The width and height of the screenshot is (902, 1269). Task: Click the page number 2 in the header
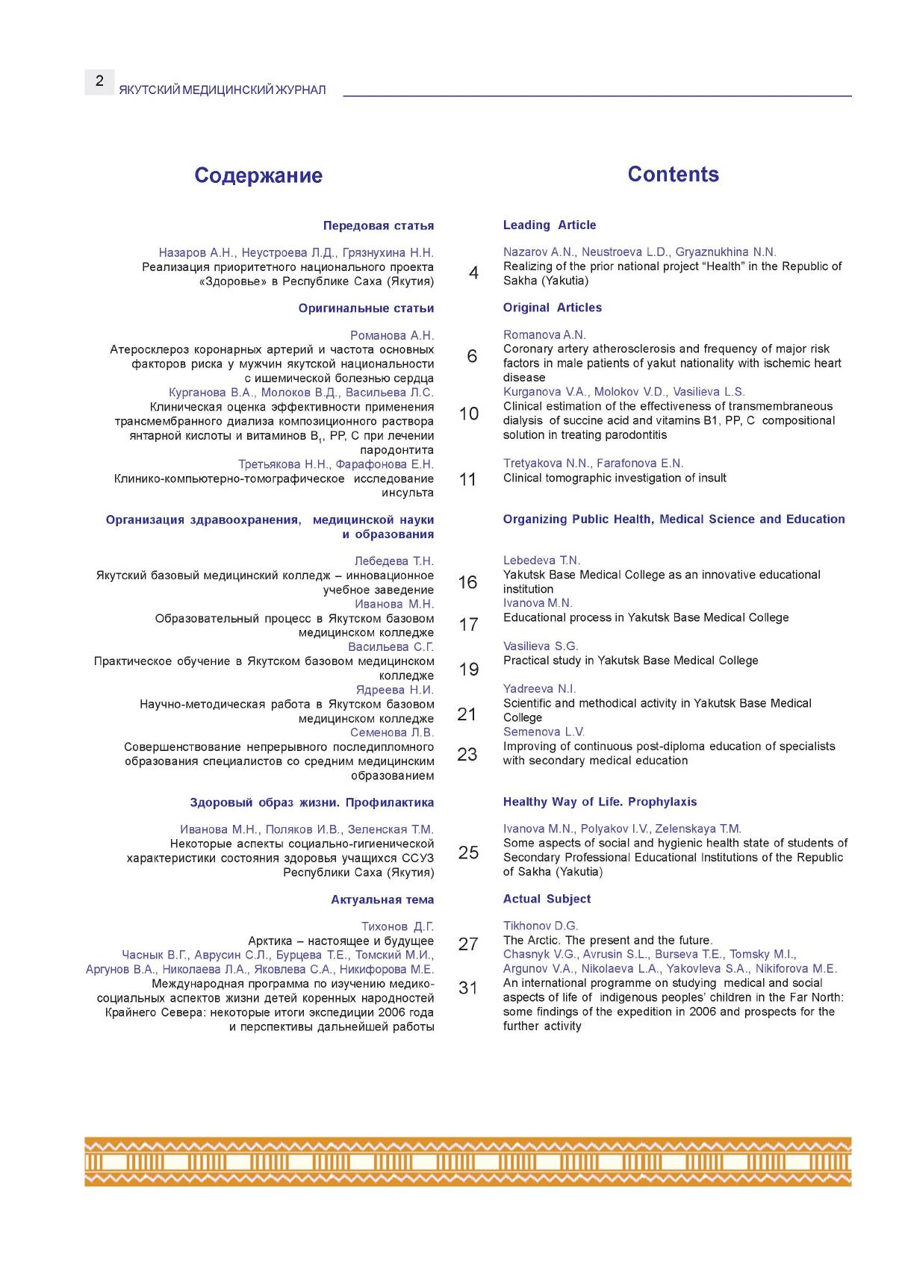click(x=99, y=81)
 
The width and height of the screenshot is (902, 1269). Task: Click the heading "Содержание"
click(x=258, y=175)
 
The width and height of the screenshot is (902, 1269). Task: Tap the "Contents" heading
click(x=673, y=174)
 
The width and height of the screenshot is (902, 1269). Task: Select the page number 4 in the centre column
click(x=473, y=273)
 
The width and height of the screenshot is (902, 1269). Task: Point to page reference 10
click(x=469, y=414)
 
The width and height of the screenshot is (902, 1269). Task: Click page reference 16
click(x=467, y=582)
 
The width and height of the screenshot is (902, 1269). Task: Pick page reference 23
click(x=467, y=754)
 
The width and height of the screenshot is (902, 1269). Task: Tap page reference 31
click(x=468, y=988)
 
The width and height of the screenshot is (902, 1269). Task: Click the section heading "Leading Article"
click(x=550, y=225)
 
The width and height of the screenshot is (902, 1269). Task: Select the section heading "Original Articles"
click(x=552, y=308)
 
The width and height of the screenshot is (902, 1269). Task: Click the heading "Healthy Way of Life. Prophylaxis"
click(x=600, y=802)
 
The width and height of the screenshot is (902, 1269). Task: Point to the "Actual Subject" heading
click(x=547, y=899)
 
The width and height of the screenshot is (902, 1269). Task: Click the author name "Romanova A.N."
click(x=544, y=334)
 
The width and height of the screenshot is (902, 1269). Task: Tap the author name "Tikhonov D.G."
click(x=541, y=926)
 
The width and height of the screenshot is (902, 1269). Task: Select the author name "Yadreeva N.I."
click(x=540, y=688)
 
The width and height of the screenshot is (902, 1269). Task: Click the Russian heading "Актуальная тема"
click(x=382, y=899)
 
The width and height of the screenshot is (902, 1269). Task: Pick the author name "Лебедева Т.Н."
click(x=394, y=561)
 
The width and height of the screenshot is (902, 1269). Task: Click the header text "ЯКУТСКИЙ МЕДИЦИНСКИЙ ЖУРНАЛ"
click(x=223, y=90)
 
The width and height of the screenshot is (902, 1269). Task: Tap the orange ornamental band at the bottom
click(x=467, y=1162)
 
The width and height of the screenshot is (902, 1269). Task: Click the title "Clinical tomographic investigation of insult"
click(x=615, y=478)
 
